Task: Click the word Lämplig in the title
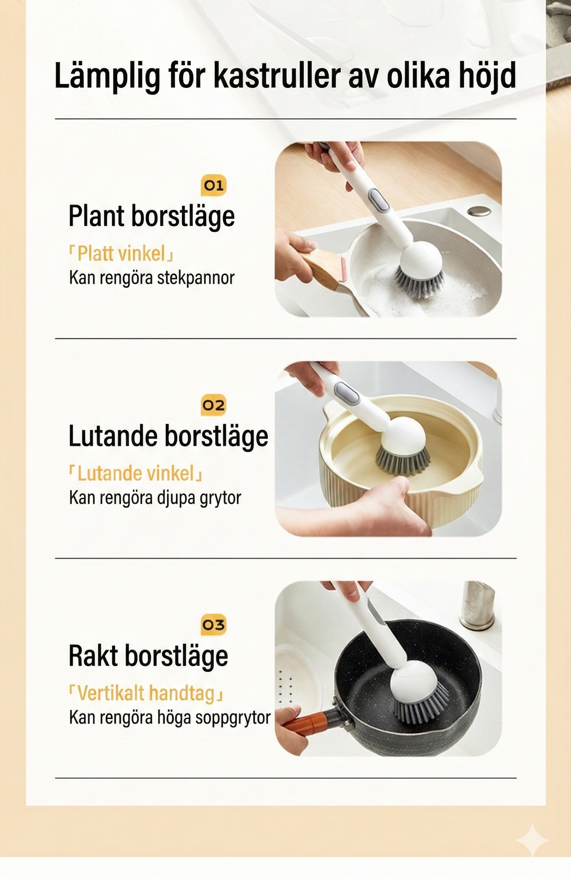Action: [x=107, y=76]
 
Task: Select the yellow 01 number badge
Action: [x=213, y=185]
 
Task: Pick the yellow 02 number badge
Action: [x=213, y=405]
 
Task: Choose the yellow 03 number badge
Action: [x=213, y=625]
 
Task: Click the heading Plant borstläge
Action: [x=152, y=216]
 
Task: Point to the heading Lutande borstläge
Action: [x=168, y=436]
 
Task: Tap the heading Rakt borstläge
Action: [x=148, y=656]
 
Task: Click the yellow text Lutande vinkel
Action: [x=136, y=473]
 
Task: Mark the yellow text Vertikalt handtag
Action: [x=146, y=693]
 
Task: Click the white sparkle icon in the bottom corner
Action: [x=532, y=840]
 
